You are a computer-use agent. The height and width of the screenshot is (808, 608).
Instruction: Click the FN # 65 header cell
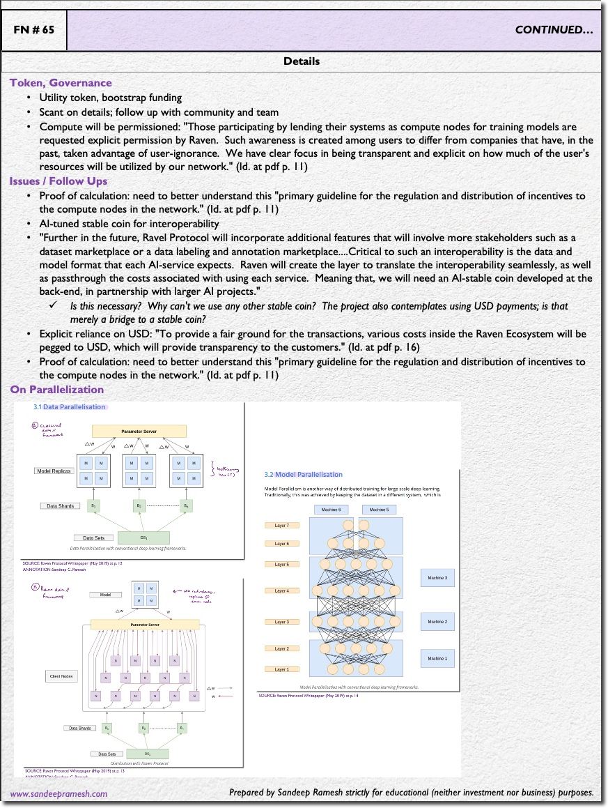click(34, 30)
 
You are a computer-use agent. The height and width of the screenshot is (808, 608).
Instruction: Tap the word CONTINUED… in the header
click(554, 30)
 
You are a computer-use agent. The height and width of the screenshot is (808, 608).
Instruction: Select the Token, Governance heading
click(61, 83)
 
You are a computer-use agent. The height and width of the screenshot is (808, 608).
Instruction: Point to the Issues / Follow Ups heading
click(59, 181)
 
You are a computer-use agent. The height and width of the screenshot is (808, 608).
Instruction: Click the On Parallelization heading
click(56, 390)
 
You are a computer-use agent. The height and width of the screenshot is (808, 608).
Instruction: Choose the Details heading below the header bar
click(302, 61)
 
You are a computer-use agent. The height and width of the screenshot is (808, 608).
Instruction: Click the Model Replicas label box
click(54, 471)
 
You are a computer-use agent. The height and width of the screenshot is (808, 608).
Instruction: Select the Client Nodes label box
click(63, 676)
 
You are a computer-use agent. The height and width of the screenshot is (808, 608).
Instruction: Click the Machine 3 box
click(437, 578)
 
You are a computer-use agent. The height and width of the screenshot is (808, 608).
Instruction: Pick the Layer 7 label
click(282, 525)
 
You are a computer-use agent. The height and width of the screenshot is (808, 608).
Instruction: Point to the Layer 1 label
click(282, 669)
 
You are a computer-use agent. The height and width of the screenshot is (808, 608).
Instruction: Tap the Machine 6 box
click(331, 510)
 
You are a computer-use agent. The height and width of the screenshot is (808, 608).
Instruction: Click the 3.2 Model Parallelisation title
click(303, 475)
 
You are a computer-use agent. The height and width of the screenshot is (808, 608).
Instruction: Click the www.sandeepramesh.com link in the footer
click(59, 794)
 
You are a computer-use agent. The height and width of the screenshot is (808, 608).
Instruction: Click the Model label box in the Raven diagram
click(106, 595)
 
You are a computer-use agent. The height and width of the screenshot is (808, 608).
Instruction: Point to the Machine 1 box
click(437, 658)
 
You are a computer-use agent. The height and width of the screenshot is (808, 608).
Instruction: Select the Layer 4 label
click(282, 590)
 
